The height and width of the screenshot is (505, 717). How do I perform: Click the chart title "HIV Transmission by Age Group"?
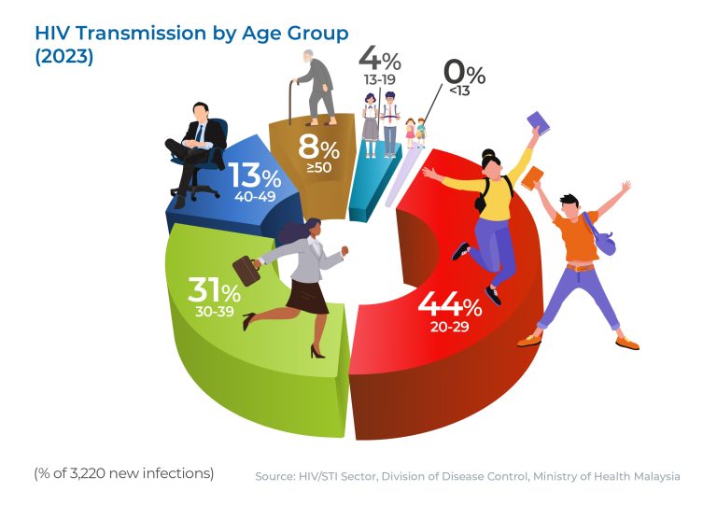191,33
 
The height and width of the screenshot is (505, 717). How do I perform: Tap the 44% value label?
449,303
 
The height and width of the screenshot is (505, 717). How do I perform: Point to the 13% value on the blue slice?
254,176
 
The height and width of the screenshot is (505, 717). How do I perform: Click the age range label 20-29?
451,328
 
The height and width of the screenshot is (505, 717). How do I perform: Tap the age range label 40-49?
254,197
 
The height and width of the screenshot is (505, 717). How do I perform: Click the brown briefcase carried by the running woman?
246,270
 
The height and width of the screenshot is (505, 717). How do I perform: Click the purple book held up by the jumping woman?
538,122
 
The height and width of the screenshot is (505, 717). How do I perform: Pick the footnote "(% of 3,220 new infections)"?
124,473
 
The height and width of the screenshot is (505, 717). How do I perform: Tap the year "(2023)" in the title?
64,55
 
